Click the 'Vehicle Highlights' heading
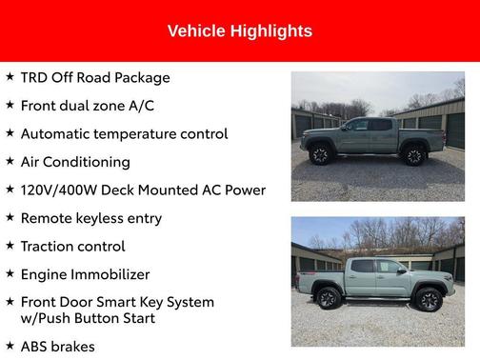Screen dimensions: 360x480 [239, 31]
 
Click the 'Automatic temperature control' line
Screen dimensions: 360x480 [124, 134]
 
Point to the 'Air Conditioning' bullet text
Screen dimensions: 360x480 [75, 162]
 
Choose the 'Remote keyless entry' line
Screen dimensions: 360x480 [91, 218]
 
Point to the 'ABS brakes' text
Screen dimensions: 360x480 [58, 347]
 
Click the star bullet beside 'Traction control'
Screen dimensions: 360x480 [10, 246]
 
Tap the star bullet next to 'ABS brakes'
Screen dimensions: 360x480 [10, 346]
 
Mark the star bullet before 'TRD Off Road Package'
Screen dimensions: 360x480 [10, 77]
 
